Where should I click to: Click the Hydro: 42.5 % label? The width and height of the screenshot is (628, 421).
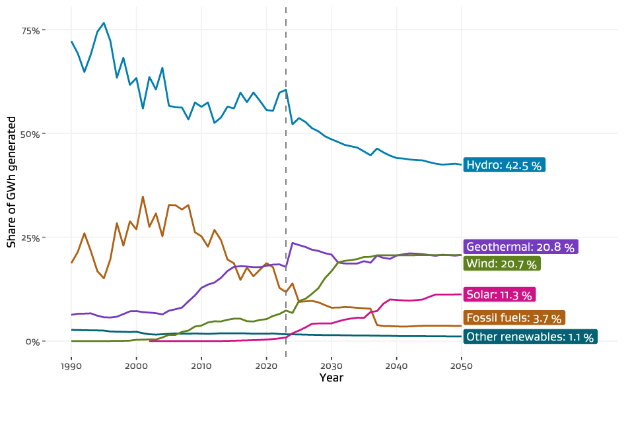[x=504, y=165]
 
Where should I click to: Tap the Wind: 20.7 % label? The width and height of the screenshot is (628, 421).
[x=503, y=263]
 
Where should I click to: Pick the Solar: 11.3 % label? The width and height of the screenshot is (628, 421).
[x=499, y=294]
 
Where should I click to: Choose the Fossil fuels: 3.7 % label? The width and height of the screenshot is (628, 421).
[x=514, y=318]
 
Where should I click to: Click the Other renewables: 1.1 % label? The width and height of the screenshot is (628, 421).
[x=530, y=337]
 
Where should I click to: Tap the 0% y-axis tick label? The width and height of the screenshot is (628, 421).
[x=34, y=341]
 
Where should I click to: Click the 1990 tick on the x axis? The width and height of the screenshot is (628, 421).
[x=71, y=366]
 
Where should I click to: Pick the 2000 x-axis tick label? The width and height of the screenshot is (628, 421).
[x=136, y=366]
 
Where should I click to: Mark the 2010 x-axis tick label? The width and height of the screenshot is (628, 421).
[x=201, y=366]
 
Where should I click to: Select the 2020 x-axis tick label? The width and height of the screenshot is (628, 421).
[x=266, y=366]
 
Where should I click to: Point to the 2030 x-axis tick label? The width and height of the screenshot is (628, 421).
[x=331, y=366]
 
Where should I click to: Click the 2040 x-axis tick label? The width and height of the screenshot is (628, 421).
[x=396, y=366]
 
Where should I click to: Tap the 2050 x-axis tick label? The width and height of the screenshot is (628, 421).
[x=461, y=366]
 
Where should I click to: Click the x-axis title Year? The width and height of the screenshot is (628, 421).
[x=331, y=378]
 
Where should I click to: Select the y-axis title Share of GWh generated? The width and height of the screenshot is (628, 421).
[x=11, y=181]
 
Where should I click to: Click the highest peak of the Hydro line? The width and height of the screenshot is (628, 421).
[x=104, y=23]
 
